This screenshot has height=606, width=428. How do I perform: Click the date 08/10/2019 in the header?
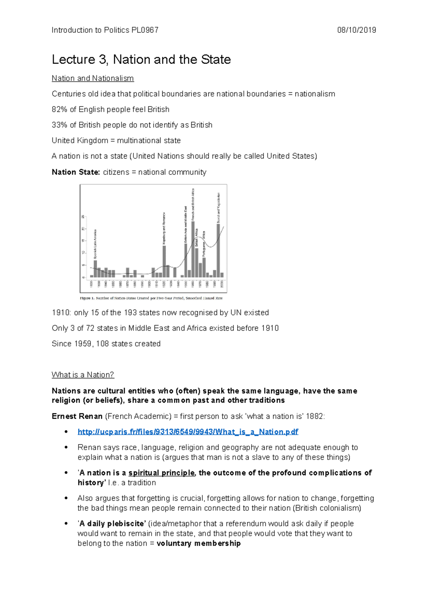click(x=356, y=30)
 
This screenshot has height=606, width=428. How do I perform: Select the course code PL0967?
click(x=145, y=30)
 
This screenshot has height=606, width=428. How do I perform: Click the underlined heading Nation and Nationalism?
click(x=93, y=79)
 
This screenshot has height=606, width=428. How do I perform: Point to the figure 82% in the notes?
click(x=59, y=110)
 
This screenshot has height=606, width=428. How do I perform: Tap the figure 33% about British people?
click(x=59, y=125)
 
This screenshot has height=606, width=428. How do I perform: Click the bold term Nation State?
click(x=76, y=172)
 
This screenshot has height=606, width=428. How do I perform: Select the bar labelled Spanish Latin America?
click(x=95, y=269)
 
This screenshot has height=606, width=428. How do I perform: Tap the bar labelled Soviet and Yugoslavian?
click(x=218, y=250)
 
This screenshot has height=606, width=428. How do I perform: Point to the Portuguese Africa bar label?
click(x=204, y=244)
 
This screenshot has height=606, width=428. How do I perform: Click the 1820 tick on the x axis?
click(x=92, y=284)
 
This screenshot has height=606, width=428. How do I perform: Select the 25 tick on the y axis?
click(x=83, y=217)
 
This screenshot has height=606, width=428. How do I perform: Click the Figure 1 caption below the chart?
click(x=151, y=298)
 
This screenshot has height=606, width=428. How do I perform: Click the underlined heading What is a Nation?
click(x=83, y=375)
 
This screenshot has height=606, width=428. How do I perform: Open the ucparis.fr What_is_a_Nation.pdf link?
click(x=188, y=432)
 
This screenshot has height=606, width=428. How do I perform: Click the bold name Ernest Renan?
click(x=77, y=416)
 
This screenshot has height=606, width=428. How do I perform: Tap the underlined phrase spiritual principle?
click(x=162, y=473)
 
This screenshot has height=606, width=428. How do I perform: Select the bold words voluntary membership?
click(x=199, y=544)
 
